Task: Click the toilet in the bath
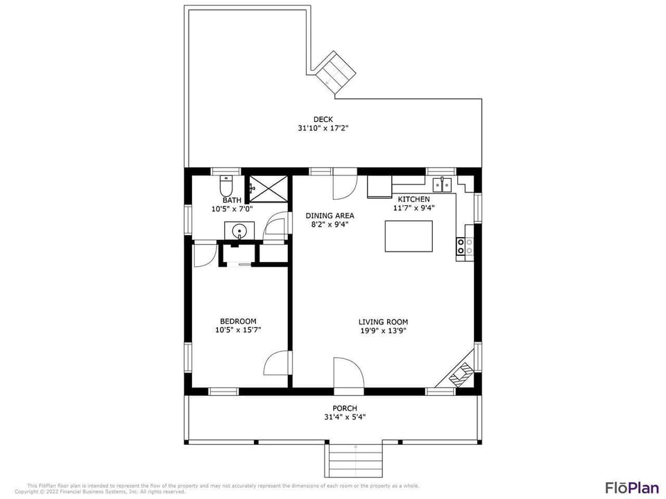[x=225, y=186]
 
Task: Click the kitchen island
[x=409, y=236]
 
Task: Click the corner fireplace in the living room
[x=461, y=375]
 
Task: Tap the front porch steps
[x=355, y=460]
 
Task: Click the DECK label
[x=323, y=119]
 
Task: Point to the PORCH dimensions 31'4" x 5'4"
[x=344, y=417]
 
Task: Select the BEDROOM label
[x=238, y=321]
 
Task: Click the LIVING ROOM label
[x=383, y=322]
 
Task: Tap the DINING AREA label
[x=330, y=216]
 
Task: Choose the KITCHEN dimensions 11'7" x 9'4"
[x=413, y=208]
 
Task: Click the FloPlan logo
[x=631, y=487]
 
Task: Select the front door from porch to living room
[x=348, y=376]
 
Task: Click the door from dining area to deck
[x=343, y=183]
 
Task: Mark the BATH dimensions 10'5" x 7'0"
[x=232, y=209]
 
